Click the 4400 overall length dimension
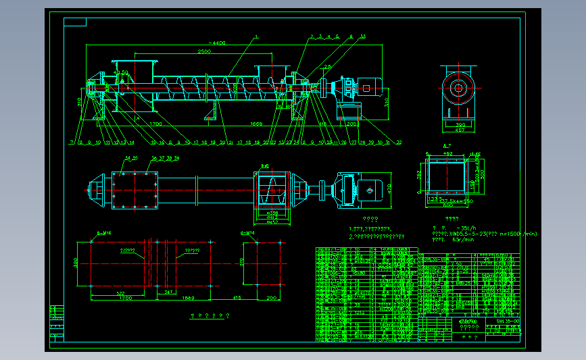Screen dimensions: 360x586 click(x=217, y=43)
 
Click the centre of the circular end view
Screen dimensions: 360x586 click(x=458, y=87)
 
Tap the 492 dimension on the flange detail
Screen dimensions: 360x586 click(x=447, y=153)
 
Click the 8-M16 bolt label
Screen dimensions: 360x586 click(x=104, y=232)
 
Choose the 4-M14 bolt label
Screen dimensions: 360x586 click(x=247, y=232)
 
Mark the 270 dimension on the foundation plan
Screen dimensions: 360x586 click(x=241, y=262)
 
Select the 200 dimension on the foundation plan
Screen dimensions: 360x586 click(x=272, y=298)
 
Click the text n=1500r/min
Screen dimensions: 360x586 click(x=515, y=234)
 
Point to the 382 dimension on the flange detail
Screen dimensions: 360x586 click(x=419, y=174)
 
